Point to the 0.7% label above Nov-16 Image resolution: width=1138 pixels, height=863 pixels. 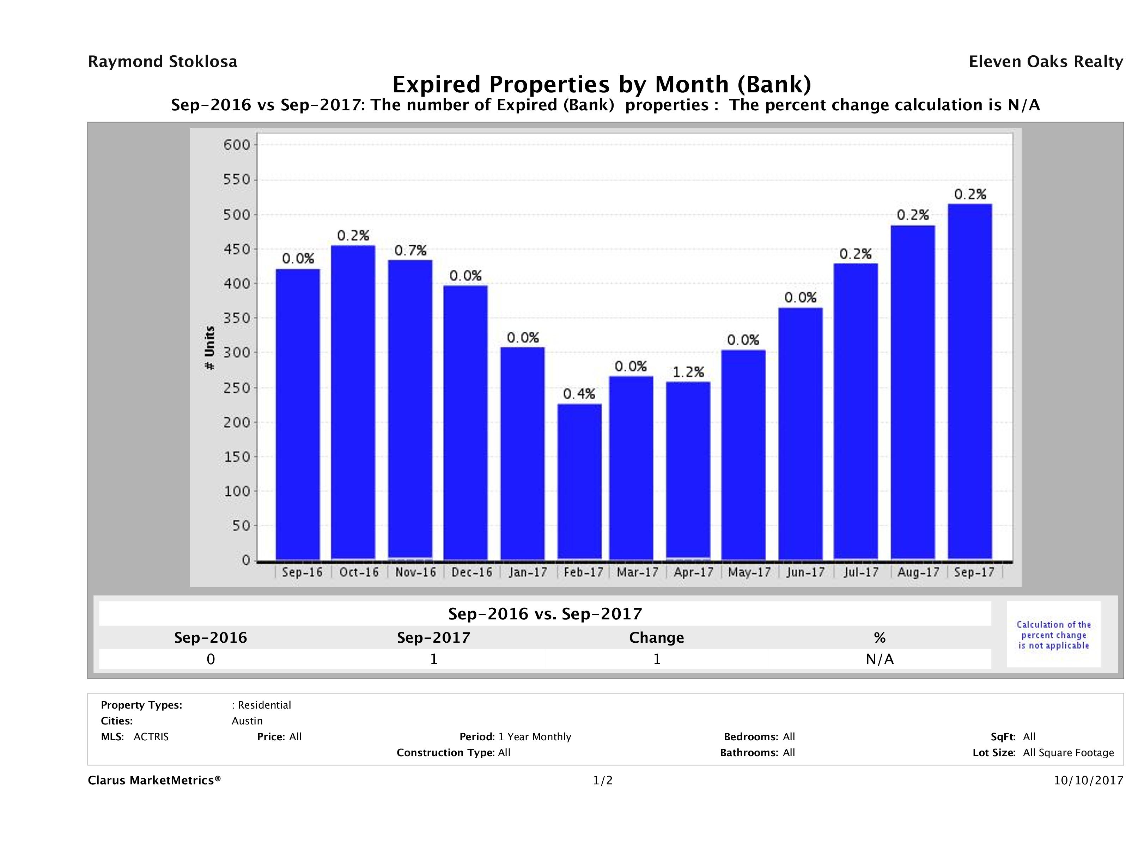(410, 250)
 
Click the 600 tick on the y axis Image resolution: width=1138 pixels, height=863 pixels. (236, 145)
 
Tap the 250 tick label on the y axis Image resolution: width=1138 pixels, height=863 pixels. (236, 387)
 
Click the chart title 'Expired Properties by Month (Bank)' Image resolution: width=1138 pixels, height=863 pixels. (602, 84)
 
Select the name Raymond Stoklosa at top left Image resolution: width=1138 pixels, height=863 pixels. (163, 62)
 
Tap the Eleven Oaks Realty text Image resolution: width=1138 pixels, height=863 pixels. (1045, 62)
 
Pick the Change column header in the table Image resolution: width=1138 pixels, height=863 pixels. (657, 638)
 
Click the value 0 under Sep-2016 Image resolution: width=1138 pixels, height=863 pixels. (211, 659)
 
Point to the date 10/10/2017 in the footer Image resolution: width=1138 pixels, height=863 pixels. (1088, 780)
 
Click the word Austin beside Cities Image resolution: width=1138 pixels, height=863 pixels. (247, 721)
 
